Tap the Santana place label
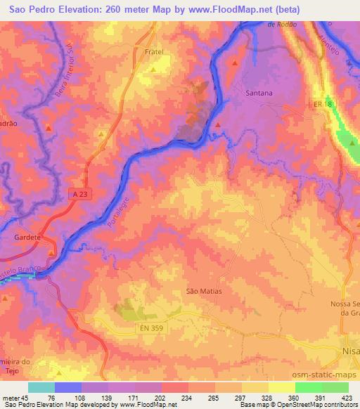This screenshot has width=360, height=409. [x=259, y=92]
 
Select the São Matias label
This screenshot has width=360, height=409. [x=204, y=290]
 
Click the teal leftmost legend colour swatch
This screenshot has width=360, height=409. [x=41, y=387]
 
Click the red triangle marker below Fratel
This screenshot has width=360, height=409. [x=153, y=70]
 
